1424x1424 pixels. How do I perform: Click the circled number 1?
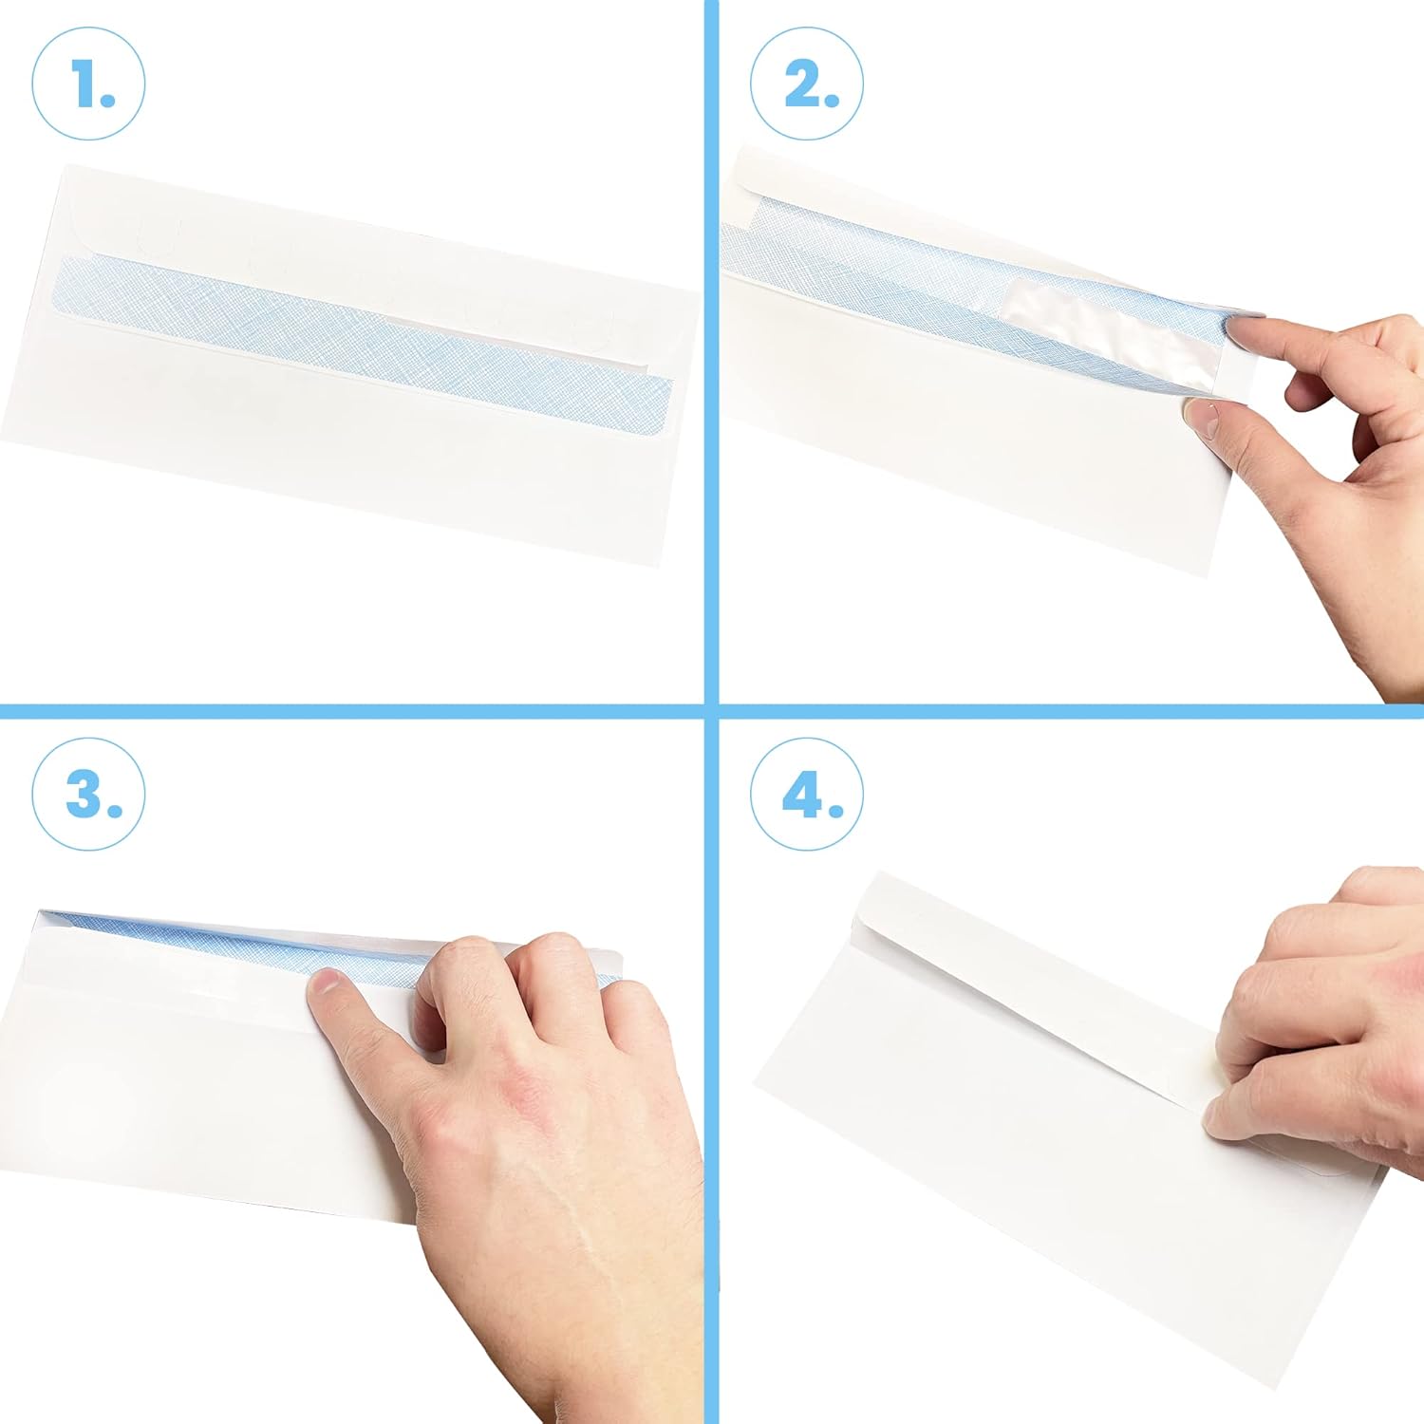(x=88, y=84)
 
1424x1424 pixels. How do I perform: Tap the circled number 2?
(x=807, y=84)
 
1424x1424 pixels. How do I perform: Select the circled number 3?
(x=88, y=792)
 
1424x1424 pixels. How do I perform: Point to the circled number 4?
(x=807, y=792)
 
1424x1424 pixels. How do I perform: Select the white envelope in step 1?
(x=351, y=365)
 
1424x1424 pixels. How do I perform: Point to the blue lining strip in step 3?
(x=323, y=945)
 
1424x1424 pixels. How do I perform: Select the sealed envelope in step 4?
(x=1063, y=1120)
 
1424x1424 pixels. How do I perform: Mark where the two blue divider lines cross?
(x=711, y=711)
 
